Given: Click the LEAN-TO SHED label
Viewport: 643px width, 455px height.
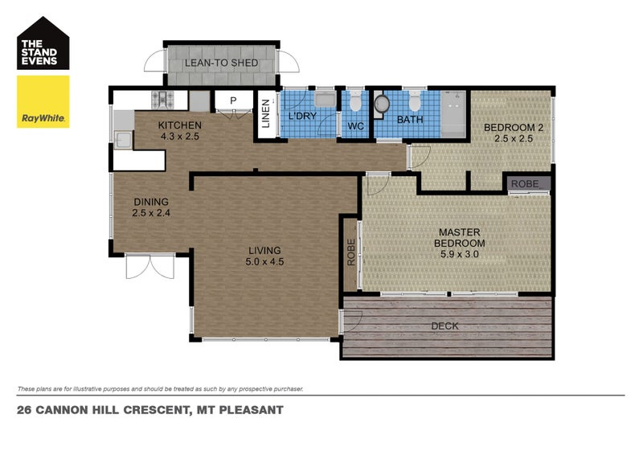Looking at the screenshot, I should click(220, 64).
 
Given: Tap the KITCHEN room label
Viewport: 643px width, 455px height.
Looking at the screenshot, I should click(179, 125).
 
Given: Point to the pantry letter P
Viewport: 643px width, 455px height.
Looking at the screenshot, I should click(233, 100).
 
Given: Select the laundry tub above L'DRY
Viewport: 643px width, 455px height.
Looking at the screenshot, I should click(325, 100).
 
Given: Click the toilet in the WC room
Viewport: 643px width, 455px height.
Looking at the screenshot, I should click(354, 102).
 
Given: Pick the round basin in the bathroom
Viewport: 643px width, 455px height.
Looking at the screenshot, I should click(382, 103).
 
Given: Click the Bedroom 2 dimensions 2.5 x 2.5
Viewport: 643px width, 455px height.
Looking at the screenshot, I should click(513, 138).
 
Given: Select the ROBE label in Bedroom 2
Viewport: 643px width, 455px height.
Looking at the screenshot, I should click(525, 184).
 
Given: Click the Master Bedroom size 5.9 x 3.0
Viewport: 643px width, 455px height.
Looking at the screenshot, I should click(459, 254).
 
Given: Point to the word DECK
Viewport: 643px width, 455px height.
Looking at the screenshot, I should click(445, 326).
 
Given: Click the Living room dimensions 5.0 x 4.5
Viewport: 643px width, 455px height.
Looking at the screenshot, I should click(264, 260).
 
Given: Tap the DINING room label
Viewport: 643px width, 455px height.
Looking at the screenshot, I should click(151, 202).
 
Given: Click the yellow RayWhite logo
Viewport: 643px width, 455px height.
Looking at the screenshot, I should click(43, 101).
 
